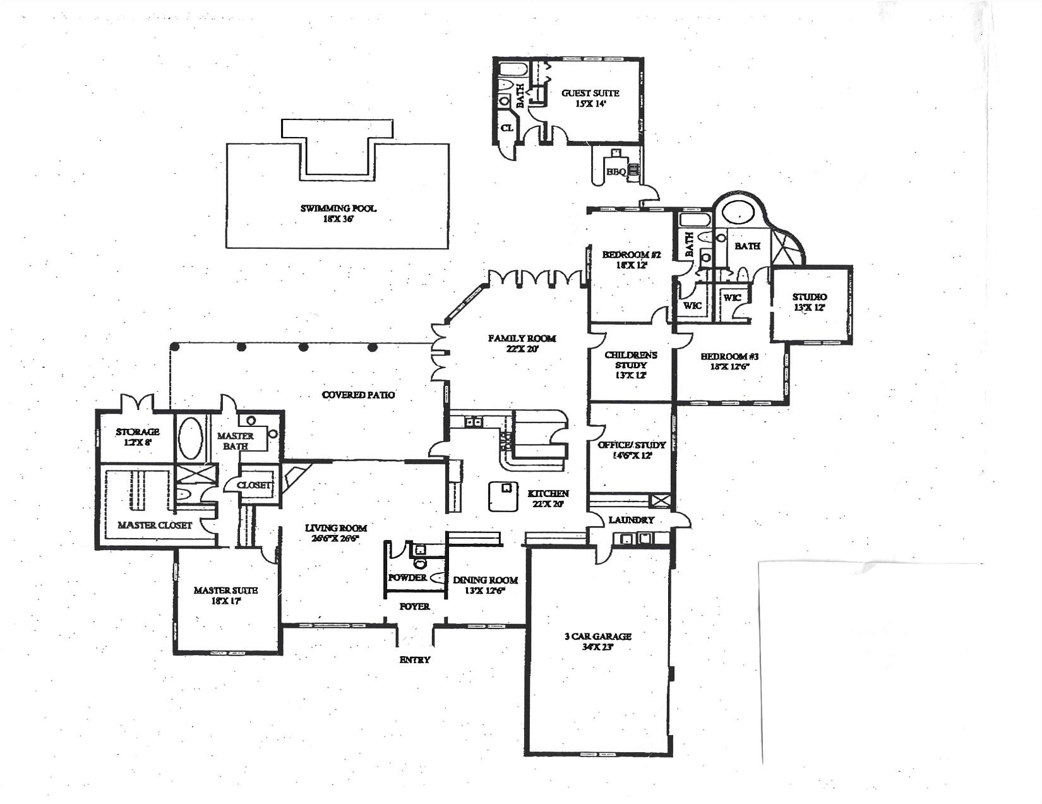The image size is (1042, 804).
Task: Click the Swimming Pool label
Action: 338,213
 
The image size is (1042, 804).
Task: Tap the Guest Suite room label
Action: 590,98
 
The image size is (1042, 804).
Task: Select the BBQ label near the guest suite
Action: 615,172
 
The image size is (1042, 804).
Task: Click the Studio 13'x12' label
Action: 810,302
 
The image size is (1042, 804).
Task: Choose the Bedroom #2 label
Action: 631,260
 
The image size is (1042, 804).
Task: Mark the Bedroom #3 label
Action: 729,361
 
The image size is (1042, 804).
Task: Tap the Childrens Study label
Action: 631,364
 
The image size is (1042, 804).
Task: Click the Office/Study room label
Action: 632,450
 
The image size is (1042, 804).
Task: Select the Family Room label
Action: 522,344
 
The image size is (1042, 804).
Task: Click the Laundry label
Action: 631,520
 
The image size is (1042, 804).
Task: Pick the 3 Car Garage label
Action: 597,641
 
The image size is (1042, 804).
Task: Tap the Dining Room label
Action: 485,585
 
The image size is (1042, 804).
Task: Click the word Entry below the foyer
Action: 415,659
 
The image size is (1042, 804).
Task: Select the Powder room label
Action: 407,578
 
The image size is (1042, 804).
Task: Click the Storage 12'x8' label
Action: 138,437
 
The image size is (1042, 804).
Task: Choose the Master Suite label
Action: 225,595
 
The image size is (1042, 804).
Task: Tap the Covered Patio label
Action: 358,395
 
